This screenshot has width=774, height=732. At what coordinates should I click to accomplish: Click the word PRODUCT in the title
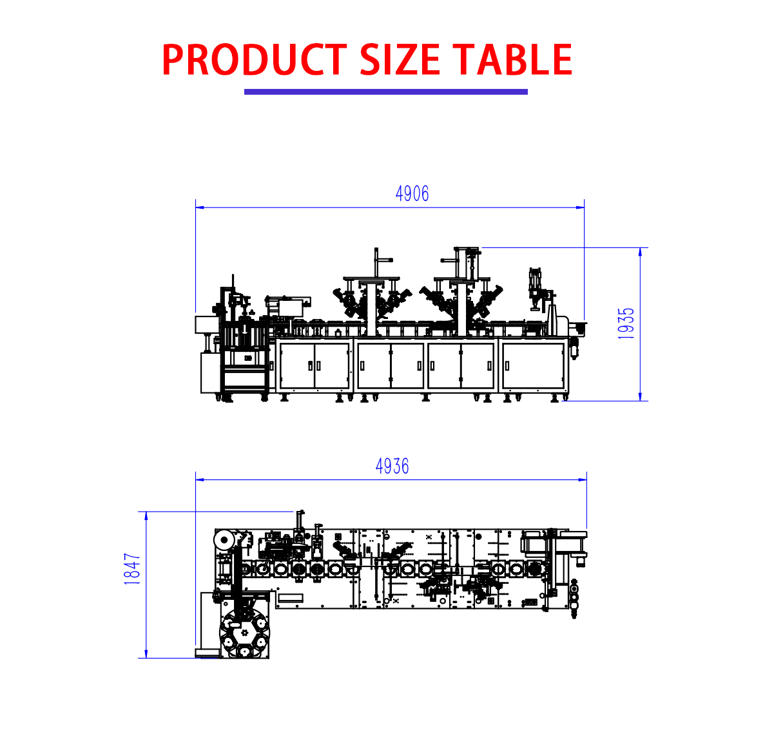[254, 59]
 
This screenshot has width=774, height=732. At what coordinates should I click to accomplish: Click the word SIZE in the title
[400, 59]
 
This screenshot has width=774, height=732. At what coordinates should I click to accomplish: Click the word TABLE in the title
[512, 59]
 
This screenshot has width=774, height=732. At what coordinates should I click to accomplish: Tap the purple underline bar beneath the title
[385, 91]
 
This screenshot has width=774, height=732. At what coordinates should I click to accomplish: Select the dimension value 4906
[412, 193]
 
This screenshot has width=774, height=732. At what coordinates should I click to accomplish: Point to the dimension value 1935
[625, 323]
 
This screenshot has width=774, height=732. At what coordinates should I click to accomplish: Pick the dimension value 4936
[392, 466]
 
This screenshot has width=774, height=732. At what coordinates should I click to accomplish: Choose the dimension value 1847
[132, 568]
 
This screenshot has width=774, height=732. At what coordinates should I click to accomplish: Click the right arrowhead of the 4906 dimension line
[580, 207]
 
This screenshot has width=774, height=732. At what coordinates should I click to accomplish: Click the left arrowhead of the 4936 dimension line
[200, 479]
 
